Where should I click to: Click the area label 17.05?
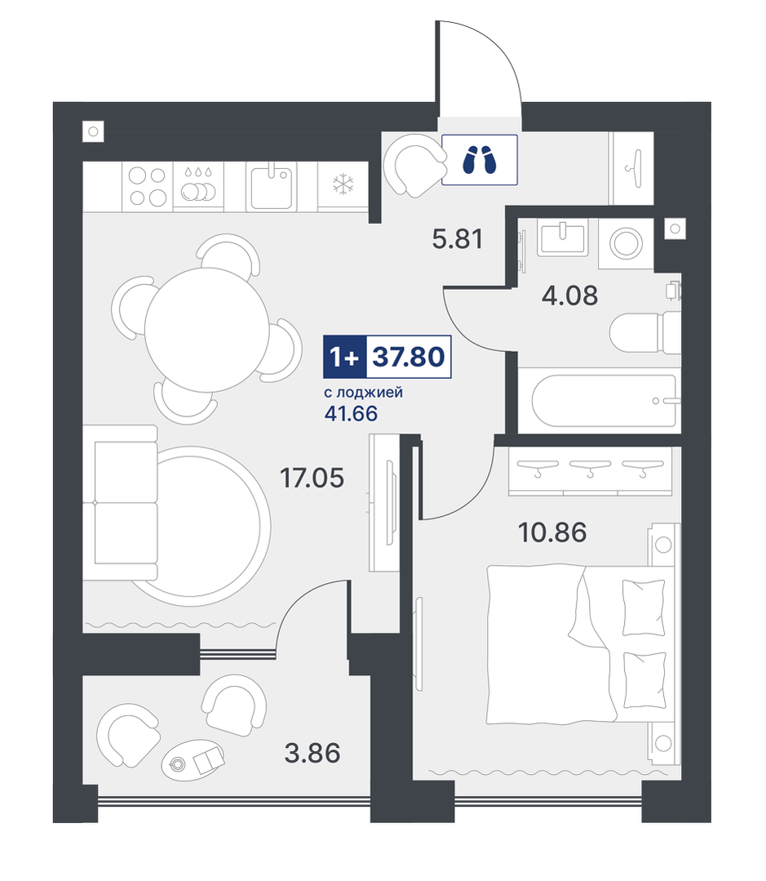pos(312,478)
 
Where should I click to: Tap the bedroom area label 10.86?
pos(553,532)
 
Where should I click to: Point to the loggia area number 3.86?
pos(312,753)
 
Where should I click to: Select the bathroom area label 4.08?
pos(569,296)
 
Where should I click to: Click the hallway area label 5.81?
pos(458,238)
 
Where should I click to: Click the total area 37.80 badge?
pos(409,356)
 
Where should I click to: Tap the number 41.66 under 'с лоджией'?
pos(351,413)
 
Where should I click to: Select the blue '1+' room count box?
pos(344,356)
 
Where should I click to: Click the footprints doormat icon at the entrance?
pos(479,159)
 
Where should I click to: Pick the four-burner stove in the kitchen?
pos(148,186)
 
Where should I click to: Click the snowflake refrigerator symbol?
pos(343,185)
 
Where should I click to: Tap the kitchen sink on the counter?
pos(272,186)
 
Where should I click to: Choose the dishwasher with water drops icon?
pos(198,186)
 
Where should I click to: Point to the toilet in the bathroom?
pos(645,332)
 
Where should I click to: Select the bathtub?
pos(600,401)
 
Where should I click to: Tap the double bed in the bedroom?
pos(581,644)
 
